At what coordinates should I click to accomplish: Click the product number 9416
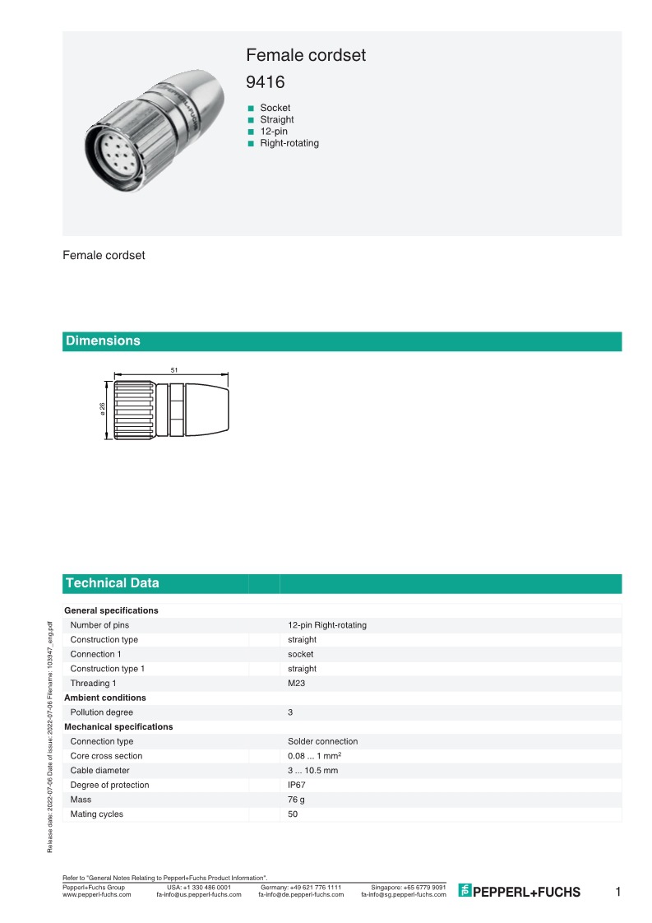click(x=266, y=82)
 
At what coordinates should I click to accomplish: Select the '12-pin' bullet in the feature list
click(x=274, y=132)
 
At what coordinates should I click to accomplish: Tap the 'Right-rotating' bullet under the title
click(x=289, y=143)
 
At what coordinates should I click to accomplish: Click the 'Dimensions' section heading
click(x=103, y=341)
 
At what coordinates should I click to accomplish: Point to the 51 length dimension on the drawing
click(x=174, y=371)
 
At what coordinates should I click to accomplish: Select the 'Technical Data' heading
click(x=113, y=583)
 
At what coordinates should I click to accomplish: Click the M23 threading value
click(x=297, y=683)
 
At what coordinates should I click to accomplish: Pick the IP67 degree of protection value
click(x=297, y=785)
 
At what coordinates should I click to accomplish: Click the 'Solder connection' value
click(x=322, y=741)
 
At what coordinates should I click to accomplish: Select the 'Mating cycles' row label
click(x=96, y=814)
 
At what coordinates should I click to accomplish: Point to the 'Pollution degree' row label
click(x=101, y=712)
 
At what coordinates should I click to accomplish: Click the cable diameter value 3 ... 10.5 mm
click(x=312, y=771)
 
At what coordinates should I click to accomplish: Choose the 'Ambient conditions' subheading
click(x=104, y=698)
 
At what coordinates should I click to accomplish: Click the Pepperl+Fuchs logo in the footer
click(x=519, y=892)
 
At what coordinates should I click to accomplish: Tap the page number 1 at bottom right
click(x=618, y=892)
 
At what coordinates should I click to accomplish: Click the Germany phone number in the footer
click(x=301, y=888)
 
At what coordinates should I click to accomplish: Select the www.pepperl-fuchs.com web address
click(x=97, y=894)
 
